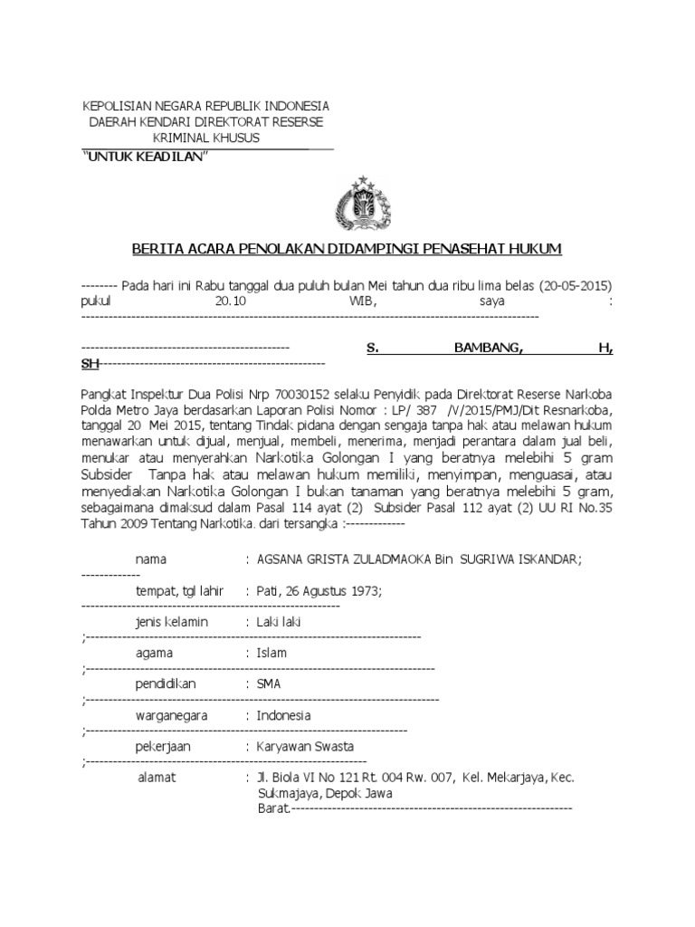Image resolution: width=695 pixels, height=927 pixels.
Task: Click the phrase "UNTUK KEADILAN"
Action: [x=146, y=158]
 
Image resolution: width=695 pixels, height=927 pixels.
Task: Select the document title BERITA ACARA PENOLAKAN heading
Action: [x=347, y=248]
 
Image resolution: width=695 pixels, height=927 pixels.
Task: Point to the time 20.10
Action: [x=230, y=300]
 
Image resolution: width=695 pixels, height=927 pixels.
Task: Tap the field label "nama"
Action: [x=151, y=559]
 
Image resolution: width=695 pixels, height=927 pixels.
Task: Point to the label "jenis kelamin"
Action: [x=172, y=622]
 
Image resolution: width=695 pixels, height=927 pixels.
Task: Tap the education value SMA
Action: [x=269, y=684]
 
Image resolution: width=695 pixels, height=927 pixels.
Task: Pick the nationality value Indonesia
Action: [x=283, y=715]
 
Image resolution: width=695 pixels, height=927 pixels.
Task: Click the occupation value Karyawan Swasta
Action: [x=305, y=747]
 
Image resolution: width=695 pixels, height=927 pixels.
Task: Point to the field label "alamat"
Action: [x=157, y=778]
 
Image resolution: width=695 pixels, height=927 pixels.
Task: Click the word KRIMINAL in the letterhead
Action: [x=178, y=137]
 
